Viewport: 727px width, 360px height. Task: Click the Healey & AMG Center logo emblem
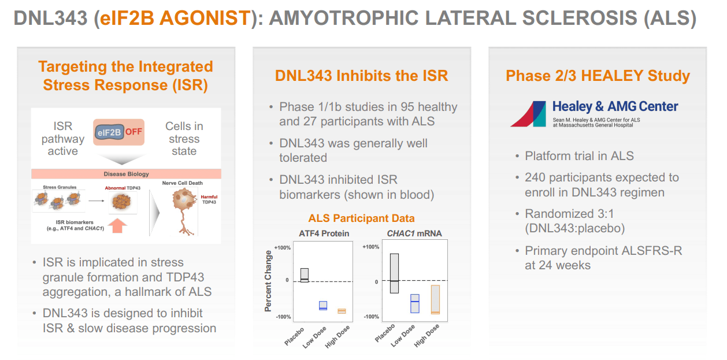click(528, 114)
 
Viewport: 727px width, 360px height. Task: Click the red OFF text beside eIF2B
click(134, 132)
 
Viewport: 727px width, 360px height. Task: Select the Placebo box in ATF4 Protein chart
click(305, 275)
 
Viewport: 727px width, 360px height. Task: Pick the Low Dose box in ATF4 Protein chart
click(323, 306)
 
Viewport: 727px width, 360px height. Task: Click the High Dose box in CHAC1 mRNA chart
click(435, 299)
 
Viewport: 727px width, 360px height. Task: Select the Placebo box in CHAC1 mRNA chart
click(394, 273)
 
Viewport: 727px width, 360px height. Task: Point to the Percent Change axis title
click(268, 281)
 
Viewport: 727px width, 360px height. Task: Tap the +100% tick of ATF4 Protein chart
click(283, 248)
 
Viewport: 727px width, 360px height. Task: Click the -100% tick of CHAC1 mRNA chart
click(370, 317)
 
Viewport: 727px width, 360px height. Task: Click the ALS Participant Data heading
click(361, 218)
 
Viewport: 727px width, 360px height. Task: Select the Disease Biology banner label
click(126, 174)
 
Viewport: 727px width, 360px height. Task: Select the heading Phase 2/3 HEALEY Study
click(598, 76)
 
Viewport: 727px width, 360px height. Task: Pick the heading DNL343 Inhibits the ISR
click(361, 76)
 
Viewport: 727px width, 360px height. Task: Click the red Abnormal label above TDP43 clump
click(114, 188)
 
